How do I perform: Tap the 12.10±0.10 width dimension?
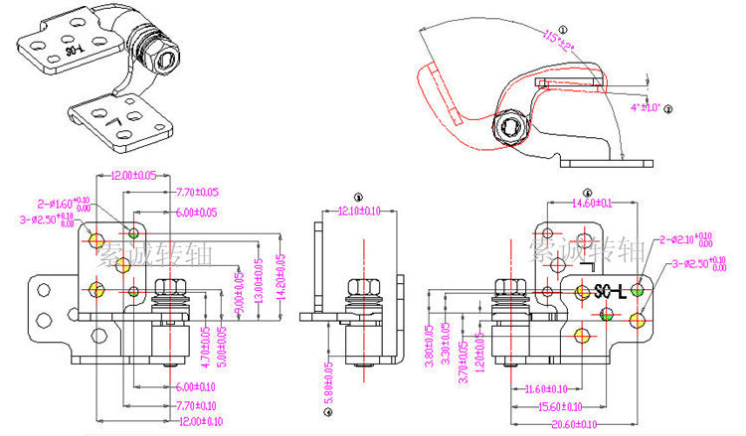coord(359,211)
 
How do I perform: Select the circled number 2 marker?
coord(668,109)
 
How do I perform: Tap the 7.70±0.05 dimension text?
coord(198,192)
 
